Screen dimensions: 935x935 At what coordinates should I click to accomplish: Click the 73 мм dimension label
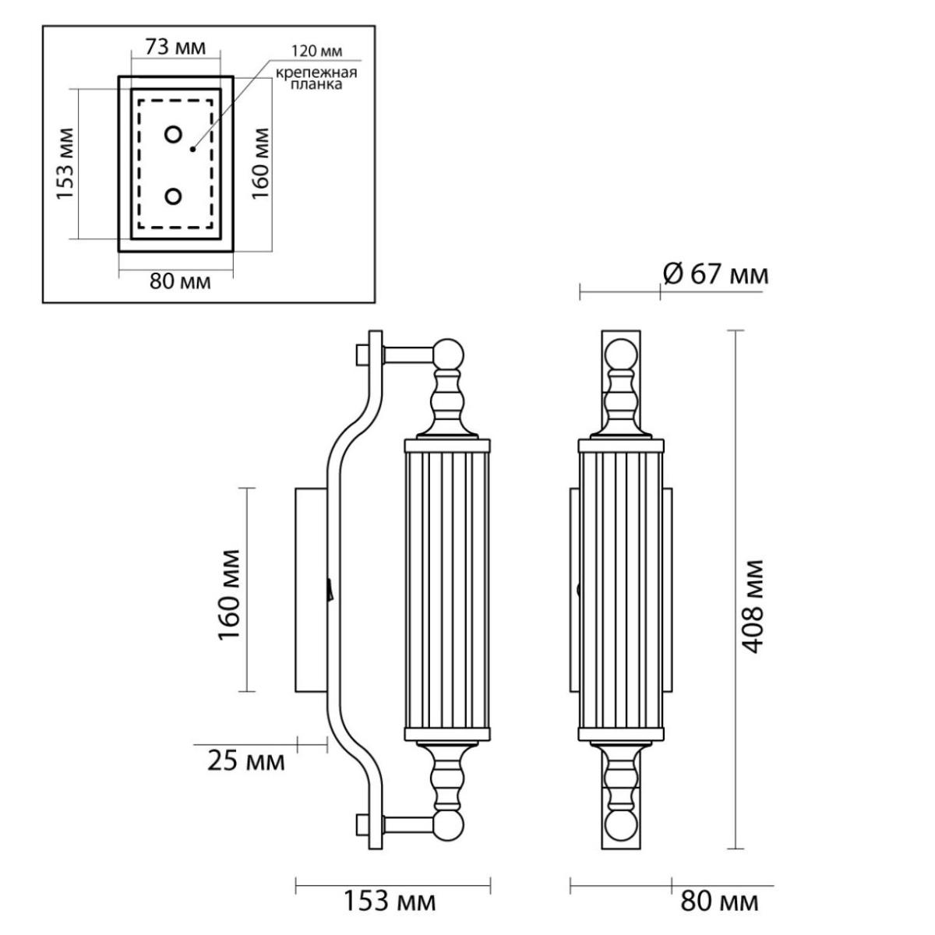[175, 48]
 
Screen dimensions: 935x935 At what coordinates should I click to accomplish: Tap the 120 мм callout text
[316, 51]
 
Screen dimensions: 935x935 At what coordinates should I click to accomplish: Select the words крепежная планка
[316, 79]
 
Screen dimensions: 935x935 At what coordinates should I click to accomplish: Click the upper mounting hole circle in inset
[173, 134]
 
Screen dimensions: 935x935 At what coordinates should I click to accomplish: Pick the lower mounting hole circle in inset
[173, 196]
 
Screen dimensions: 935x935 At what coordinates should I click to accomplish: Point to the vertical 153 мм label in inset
[65, 164]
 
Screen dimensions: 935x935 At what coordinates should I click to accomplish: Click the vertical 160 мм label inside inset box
[260, 163]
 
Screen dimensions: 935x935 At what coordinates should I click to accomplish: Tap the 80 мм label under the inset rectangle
[180, 281]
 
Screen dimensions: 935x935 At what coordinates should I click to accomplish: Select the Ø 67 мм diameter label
[716, 275]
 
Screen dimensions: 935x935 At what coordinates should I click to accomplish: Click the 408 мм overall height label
[753, 606]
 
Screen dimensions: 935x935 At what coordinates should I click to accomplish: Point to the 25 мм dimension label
[246, 760]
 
